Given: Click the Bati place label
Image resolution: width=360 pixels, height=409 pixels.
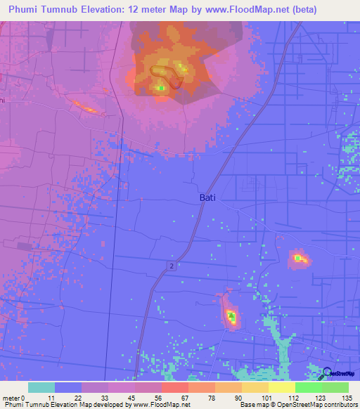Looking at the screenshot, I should [207, 199].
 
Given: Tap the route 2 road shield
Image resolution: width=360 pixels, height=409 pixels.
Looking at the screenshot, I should [171, 264].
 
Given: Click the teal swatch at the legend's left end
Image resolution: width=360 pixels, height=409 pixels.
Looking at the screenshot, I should [41, 387].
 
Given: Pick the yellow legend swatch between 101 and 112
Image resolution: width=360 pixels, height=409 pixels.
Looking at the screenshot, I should [281, 387].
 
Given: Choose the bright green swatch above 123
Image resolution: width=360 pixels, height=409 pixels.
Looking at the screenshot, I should [308, 387].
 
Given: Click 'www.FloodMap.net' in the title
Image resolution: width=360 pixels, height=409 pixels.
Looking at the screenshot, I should [240, 10].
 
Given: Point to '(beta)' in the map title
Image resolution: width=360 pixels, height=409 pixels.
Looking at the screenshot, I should [298, 10].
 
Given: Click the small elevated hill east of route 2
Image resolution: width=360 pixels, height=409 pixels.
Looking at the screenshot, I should [300, 259].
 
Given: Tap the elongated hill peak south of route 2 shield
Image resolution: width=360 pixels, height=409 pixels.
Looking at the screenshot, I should [230, 316].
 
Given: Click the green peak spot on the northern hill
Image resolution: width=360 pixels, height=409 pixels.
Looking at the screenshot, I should [160, 88].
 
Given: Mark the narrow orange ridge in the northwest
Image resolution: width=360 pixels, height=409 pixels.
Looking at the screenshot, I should [86, 107].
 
